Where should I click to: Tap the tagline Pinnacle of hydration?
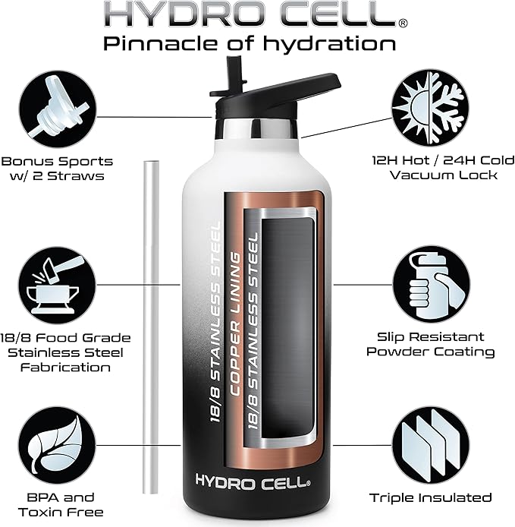[250, 43]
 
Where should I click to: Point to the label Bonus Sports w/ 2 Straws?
[57, 169]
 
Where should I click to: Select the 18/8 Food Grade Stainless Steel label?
[57, 352]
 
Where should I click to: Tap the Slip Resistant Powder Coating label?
[431, 344]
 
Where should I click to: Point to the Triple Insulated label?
[431, 498]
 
